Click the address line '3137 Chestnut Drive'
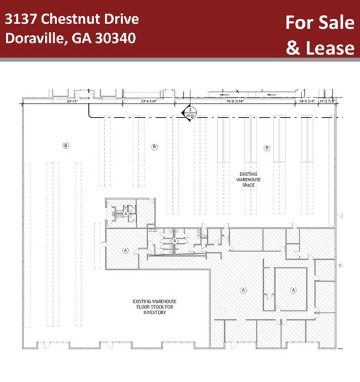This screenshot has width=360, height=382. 71,19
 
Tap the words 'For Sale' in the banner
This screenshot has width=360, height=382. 320,23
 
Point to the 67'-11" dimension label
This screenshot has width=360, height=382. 54,101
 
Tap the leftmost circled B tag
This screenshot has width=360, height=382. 66,144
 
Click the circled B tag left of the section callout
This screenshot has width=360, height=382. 154,147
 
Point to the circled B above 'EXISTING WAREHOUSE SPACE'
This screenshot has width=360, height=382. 267,148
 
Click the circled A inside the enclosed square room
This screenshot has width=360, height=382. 293,289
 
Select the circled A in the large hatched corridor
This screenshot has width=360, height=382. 244,289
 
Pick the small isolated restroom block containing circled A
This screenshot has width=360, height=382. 121,212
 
